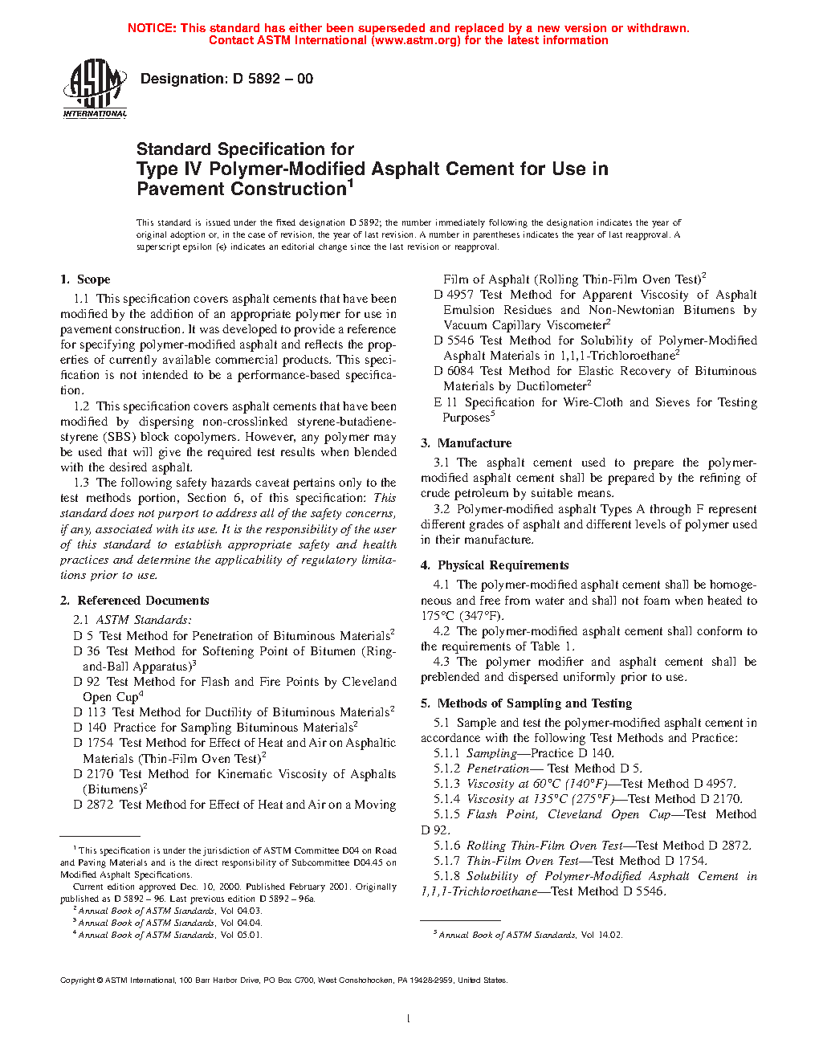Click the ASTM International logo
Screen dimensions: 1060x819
pos(95,88)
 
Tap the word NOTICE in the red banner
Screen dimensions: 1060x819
pos(152,28)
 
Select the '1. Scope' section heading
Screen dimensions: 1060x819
pos(85,279)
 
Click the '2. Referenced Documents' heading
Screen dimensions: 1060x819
pos(135,601)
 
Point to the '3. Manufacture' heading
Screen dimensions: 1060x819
pos(467,443)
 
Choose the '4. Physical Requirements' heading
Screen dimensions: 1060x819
pos(495,565)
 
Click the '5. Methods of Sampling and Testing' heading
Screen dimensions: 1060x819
pos(527,703)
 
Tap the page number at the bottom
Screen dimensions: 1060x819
pos(409,1018)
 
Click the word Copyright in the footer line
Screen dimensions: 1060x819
pos(78,980)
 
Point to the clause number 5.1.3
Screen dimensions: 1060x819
pos(447,784)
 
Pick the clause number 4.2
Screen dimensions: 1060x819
pos(442,631)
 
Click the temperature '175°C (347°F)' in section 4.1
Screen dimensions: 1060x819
pos(462,616)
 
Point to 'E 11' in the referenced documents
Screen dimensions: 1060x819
pos(446,402)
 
